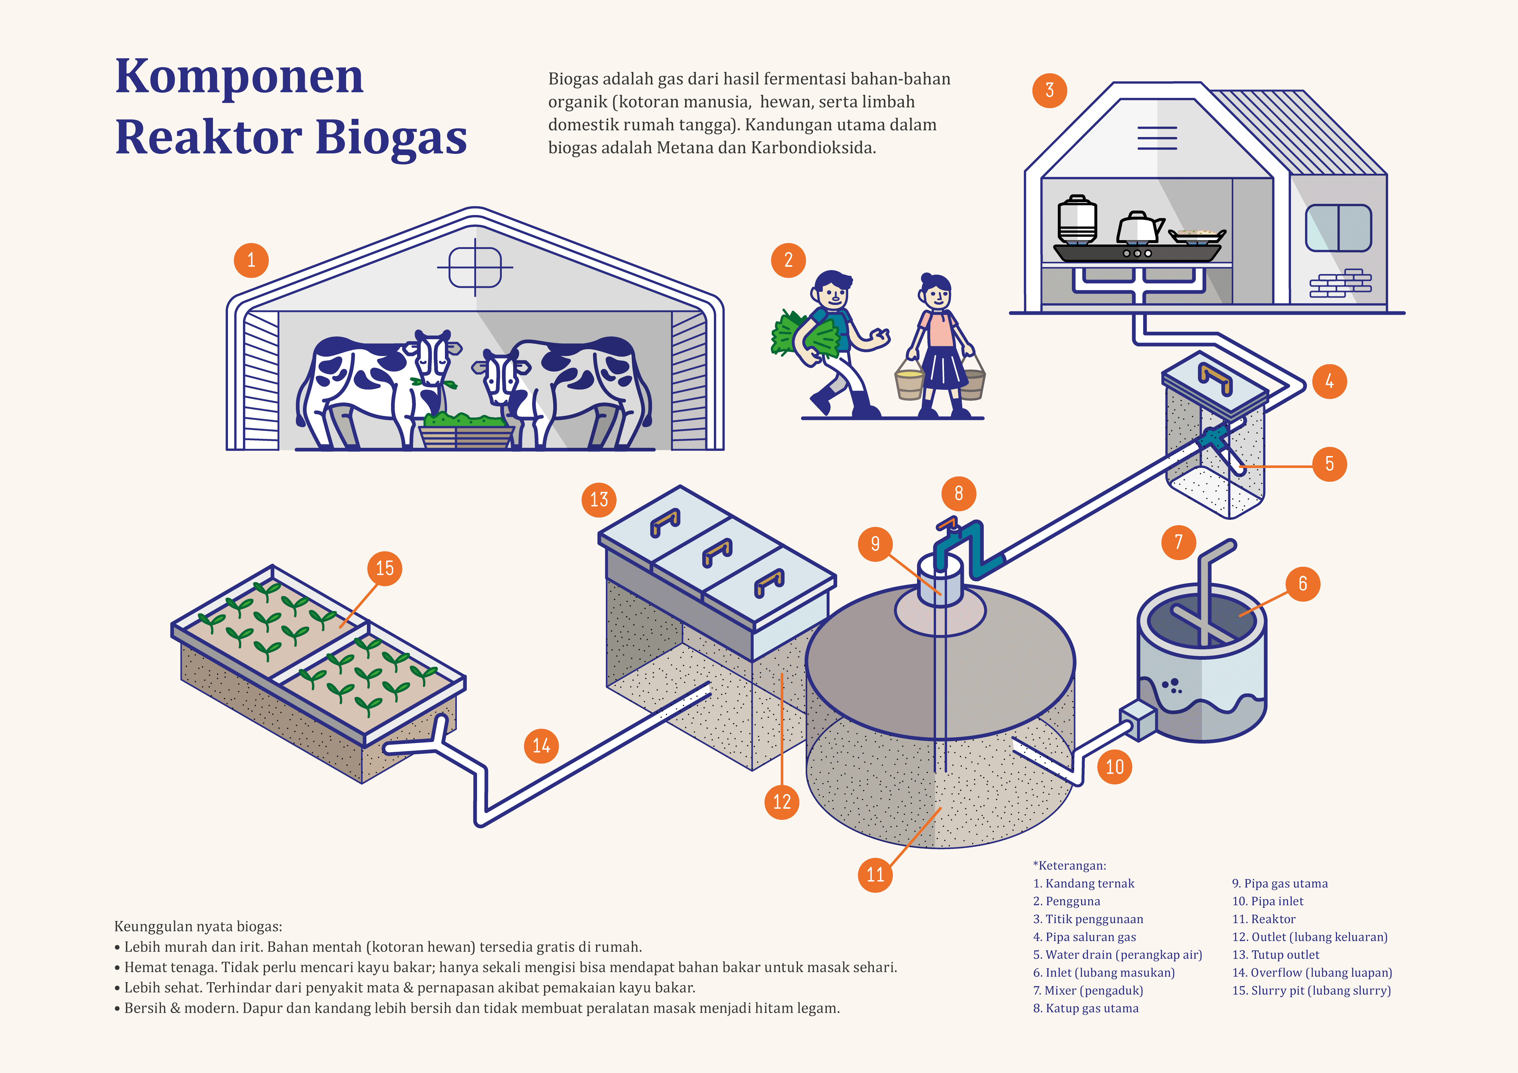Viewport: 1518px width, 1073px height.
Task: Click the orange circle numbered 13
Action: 599,499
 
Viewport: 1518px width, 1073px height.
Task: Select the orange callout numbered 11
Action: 875,875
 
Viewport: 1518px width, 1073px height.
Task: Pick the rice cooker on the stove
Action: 1077,219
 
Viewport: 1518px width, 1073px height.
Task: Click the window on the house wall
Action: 1338,228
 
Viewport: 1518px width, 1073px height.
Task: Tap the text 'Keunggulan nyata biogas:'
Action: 198,926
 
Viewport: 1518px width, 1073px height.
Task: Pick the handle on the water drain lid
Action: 1215,379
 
